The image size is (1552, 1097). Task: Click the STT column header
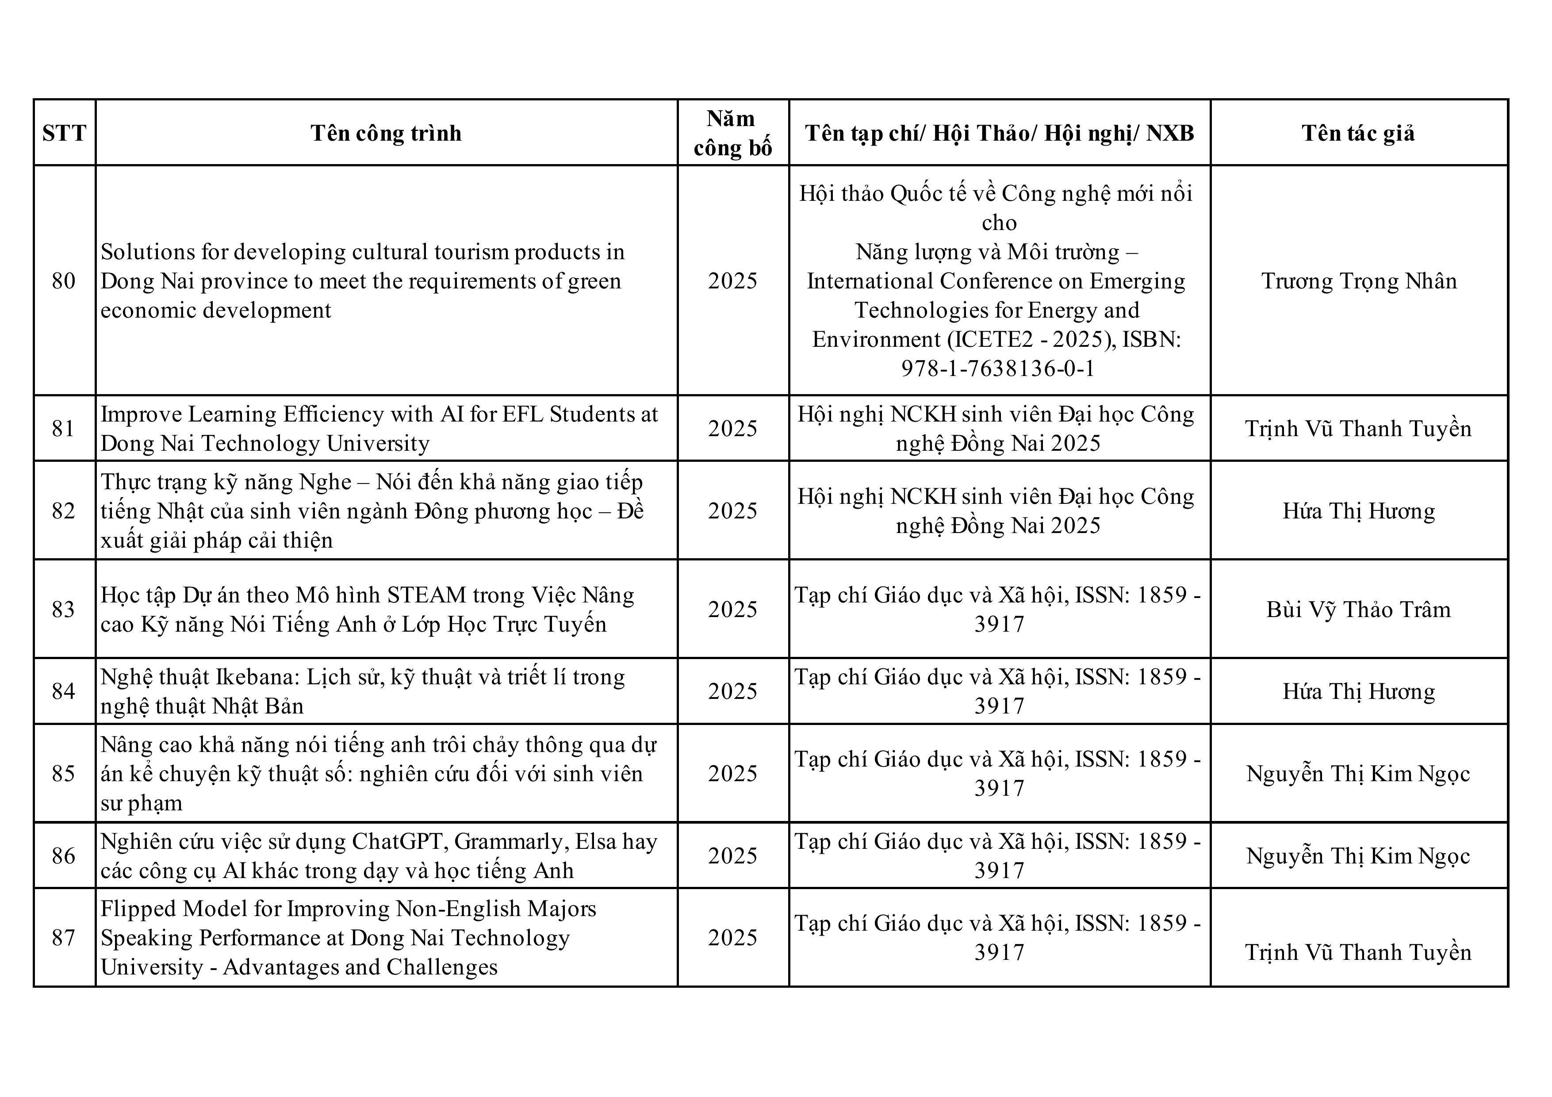[64, 133]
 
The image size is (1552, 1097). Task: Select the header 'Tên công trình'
[386, 133]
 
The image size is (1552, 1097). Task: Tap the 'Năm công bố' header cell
[733, 133]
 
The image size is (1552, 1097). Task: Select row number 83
[64, 610]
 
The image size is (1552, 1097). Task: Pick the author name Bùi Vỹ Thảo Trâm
[1359, 610]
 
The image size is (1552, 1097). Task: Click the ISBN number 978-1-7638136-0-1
[998, 368]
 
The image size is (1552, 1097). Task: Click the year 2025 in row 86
[733, 855]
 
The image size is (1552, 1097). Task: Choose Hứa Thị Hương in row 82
[1359, 511]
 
